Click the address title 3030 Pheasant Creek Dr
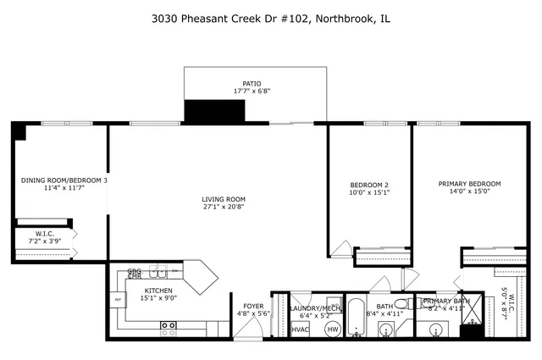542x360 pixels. (x=271, y=18)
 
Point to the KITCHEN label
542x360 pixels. (x=158, y=290)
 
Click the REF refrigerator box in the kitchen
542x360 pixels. (x=118, y=298)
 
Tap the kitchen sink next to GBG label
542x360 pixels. (x=158, y=272)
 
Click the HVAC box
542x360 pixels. (x=300, y=328)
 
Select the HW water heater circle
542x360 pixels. (x=332, y=329)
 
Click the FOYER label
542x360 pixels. (x=253, y=306)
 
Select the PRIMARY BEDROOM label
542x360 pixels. (x=469, y=184)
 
